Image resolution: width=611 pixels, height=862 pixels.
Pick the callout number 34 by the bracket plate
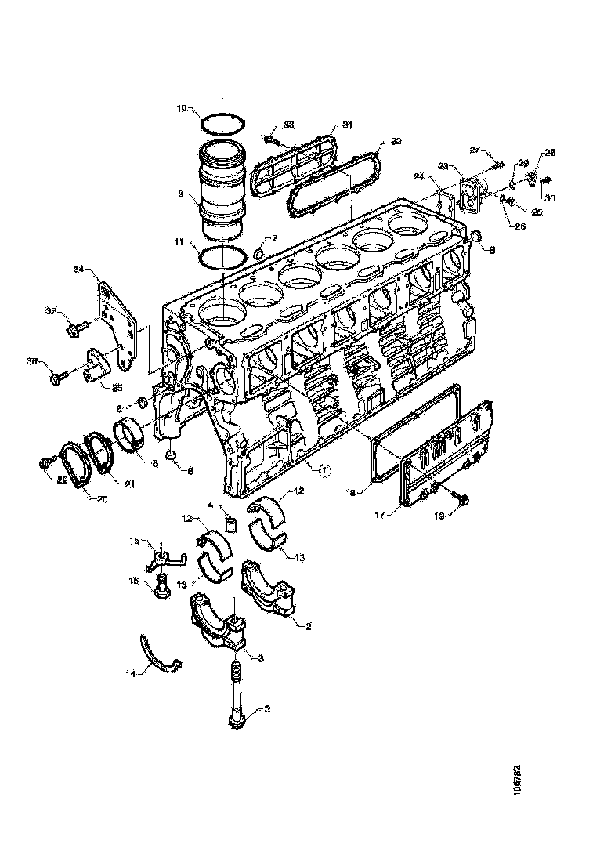[x=78, y=269]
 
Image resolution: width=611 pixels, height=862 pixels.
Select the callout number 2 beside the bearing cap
[x=309, y=627]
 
